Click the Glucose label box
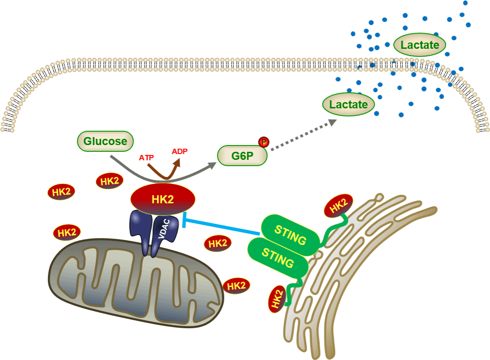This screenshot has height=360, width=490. [105, 141]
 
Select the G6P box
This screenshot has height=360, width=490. [242, 156]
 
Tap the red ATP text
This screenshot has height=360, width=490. [146, 158]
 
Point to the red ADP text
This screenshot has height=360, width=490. [179, 151]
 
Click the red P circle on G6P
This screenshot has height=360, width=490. [263, 142]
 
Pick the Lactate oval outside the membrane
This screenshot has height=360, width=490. [420, 45]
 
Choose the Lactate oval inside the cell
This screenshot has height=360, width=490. [348, 105]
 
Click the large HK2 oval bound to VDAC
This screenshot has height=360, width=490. [163, 200]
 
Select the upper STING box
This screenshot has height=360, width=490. [290, 235]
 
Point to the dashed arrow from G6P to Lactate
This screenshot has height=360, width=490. [302, 134]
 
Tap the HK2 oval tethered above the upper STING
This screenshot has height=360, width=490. [338, 206]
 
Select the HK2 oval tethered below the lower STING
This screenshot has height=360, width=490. [277, 299]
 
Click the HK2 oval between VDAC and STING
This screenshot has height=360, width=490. [218, 244]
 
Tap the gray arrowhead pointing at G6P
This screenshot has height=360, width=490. [211, 164]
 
